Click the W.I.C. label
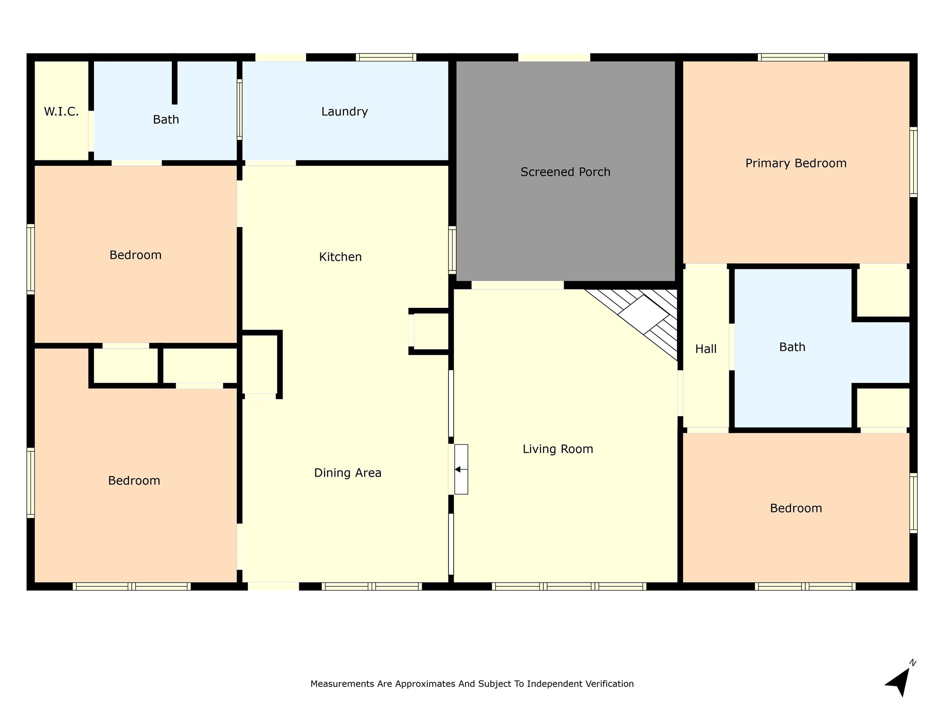click(61, 112)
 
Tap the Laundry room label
click(344, 112)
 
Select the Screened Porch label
click(565, 172)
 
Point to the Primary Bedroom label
click(796, 163)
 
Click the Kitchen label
click(340, 257)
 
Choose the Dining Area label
click(348, 473)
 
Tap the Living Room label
click(558, 449)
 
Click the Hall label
click(706, 349)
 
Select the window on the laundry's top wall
click(386, 57)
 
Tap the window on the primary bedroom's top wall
click(792, 57)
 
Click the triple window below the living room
click(569, 586)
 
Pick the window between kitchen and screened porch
click(452, 250)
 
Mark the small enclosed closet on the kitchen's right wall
click(430, 331)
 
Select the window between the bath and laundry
click(239, 109)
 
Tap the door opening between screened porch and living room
click(517, 285)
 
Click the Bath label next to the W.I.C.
click(166, 120)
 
